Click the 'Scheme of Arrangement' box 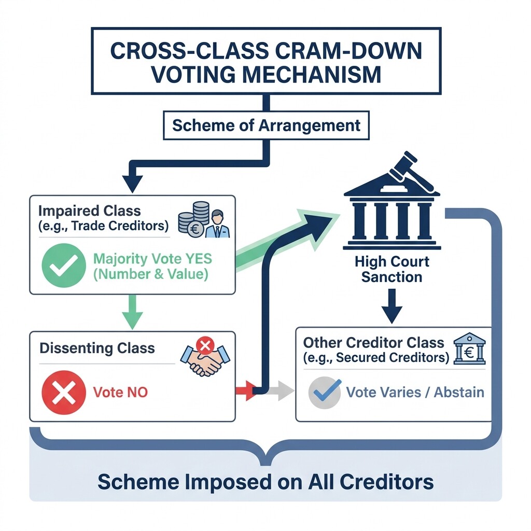tap(266, 125)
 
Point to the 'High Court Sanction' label tap(392, 269)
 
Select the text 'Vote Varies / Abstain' tap(414, 392)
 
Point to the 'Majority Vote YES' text tap(152, 258)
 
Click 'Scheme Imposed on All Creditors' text tap(265, 481)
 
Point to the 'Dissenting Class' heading tap(97, 348)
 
